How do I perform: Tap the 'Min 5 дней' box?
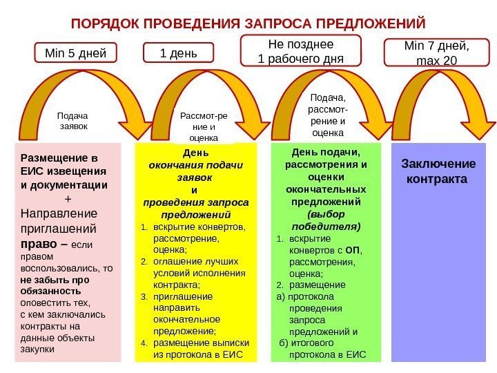tap(76, 52)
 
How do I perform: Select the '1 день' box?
tap(178, 52)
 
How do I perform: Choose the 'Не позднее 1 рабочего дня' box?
tap(300, 52)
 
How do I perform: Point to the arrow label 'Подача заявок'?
tap(73, 122)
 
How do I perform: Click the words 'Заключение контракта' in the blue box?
tap(438, 171)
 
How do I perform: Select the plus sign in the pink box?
tap(67, 199)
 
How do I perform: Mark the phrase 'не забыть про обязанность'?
tap(55, 285)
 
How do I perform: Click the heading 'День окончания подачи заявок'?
tap(195, 165)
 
